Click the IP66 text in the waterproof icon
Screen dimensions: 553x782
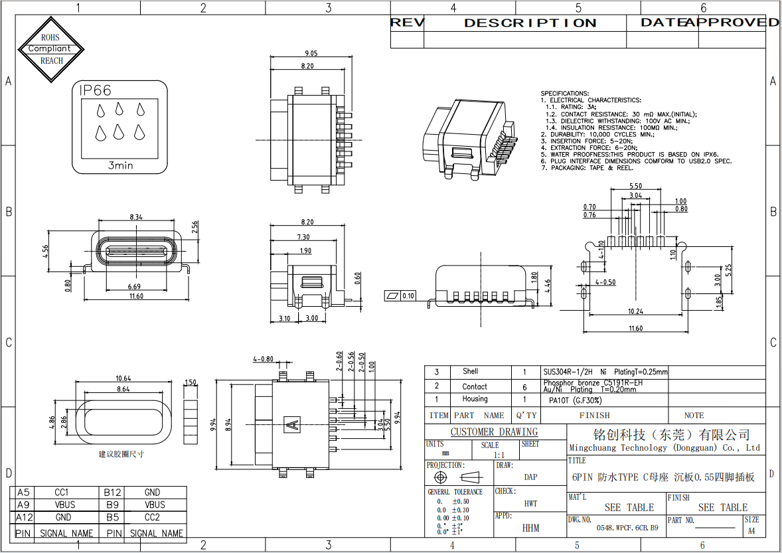96,91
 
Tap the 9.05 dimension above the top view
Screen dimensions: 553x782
311,54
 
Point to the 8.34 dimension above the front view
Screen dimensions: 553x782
136,217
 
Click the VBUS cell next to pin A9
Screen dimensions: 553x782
64,505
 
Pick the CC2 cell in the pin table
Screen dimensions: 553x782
152,517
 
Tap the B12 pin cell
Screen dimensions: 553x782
112,493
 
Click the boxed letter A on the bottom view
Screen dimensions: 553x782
290,422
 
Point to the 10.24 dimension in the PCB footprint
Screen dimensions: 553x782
635,311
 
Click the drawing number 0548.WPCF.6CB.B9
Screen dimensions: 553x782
627,528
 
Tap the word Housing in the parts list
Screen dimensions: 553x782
475,399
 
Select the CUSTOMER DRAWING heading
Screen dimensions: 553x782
494,432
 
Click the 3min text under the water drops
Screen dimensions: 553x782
120,165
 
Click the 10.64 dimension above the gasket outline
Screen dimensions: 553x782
123,378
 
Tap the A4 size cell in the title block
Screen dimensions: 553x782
751,530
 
